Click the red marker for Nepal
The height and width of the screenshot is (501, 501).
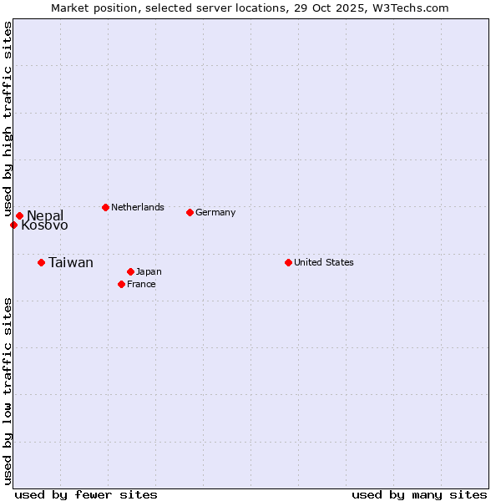[19, 216]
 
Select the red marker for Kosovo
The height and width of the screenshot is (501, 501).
[13, 225]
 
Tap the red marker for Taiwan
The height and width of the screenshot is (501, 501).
[41, 263]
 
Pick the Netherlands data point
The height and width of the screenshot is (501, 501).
[105, 207]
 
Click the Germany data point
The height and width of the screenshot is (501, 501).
[190, 212]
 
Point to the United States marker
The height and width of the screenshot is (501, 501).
[288, 262]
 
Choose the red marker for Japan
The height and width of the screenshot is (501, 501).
[130, 271]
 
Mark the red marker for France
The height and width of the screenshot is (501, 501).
[121, 284]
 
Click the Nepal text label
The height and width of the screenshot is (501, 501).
[45, 216]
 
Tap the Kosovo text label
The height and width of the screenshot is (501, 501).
[45, 225]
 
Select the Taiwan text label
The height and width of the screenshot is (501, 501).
[71, 263]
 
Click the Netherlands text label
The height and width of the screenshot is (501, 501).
[138, 207]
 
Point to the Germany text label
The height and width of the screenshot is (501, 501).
[215, 212]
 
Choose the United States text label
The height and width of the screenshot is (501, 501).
[324, 262]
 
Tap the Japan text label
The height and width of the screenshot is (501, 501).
[149, 271]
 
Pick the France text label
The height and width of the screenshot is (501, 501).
[141, 284]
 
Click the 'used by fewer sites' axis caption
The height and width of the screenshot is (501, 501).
[86, 494]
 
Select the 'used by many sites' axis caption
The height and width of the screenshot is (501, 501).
[419, 494]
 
